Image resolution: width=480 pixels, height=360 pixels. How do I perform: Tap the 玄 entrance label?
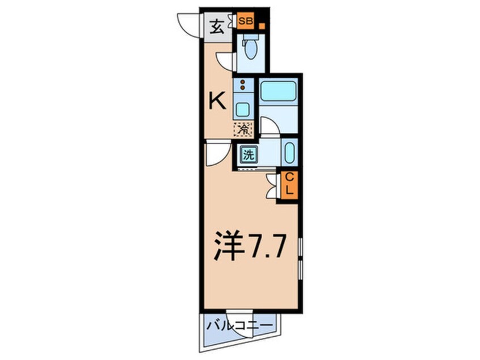(x=217, y=26)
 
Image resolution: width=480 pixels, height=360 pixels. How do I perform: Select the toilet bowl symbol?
(x=249, y=50)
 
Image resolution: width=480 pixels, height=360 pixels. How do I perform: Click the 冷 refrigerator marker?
(x=243, y=129)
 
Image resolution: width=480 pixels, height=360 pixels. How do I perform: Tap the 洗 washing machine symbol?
(x=248, y=153)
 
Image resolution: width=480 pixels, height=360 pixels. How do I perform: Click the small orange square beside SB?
(x=262, y=26)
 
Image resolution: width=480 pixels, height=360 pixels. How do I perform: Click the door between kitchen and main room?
(x=214, y=154)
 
